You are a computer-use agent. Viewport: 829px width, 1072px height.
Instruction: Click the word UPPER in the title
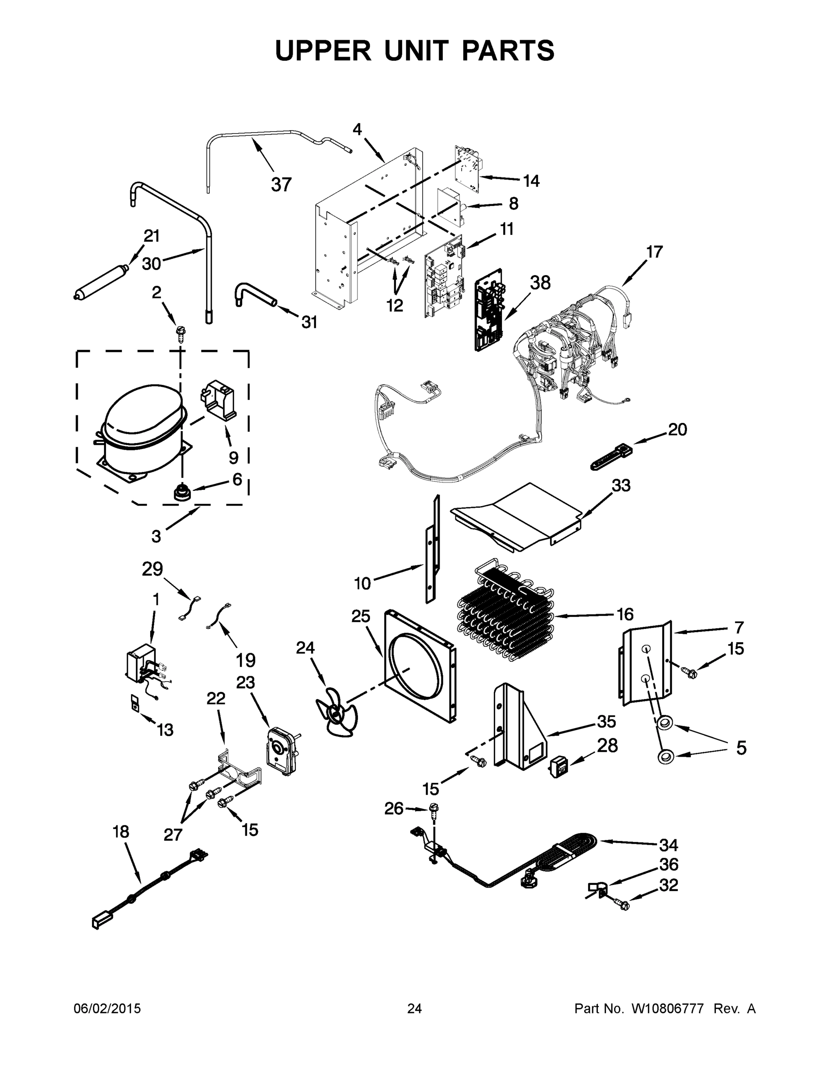pyautogui.click(x=323, y=50)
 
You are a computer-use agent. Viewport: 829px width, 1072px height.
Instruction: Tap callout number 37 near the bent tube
pyautogui.click(x=282, y=184)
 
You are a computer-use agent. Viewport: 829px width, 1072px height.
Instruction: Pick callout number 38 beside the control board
pyautogui.click(x=540, y=283)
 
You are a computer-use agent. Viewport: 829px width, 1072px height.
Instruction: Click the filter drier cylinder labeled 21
pyautogui.click(x=100, y=283)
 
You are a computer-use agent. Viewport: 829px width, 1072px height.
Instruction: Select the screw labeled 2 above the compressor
pyautogui.click(x=180, y=335)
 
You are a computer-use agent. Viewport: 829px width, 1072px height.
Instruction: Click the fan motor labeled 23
pyautogui.click(x=280, y=751)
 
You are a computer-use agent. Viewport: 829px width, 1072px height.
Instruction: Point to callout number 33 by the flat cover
pyautogui.click(x=621, y=486)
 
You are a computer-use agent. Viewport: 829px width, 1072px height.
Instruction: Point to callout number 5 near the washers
pyautogui.click(x=741, y=748)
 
